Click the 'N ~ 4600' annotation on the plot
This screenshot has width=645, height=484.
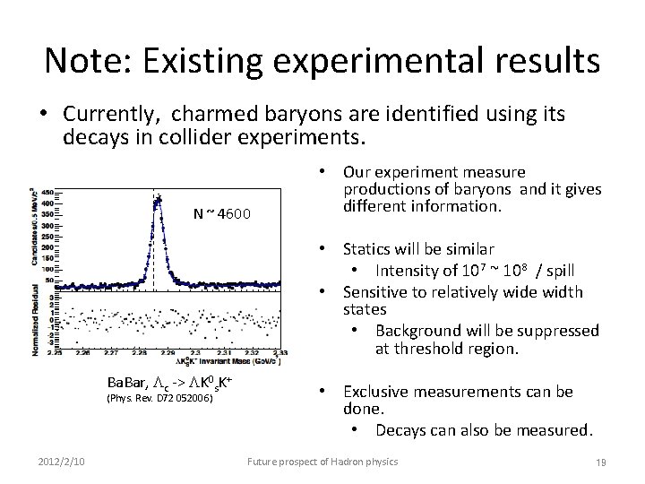[223, 213]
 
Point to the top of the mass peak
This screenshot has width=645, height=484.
[157, 199]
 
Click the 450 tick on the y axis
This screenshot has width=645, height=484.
[45, 192]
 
